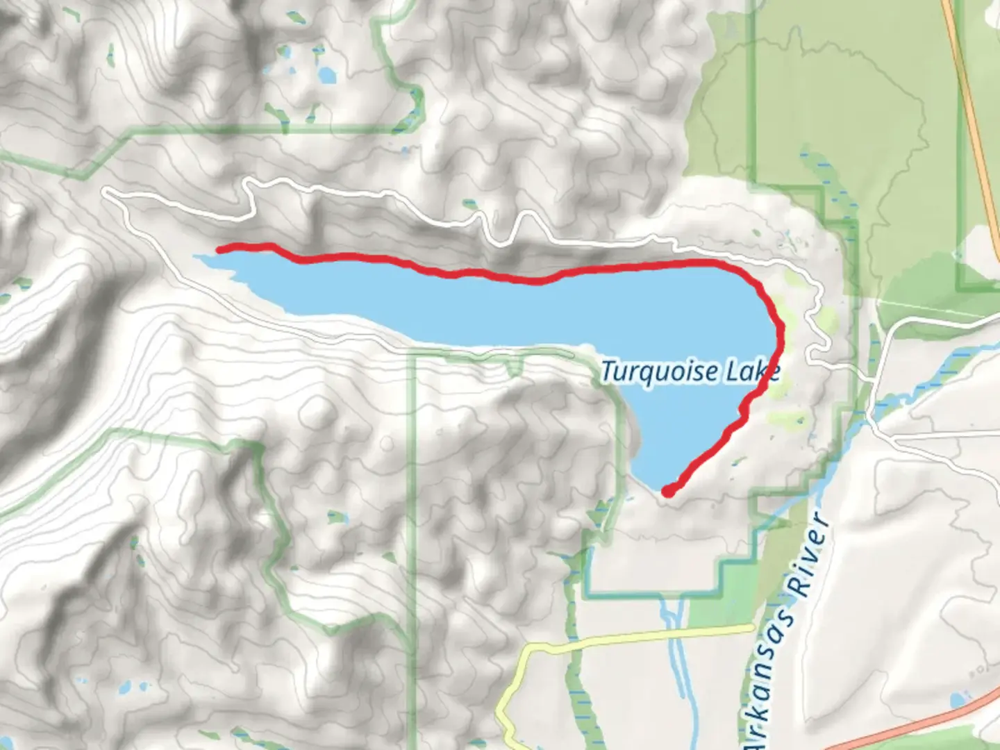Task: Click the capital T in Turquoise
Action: click(x=608, y=371)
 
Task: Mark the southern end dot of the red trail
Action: click(x=667, y=492)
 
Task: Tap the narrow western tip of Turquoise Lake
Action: click(x=199, y=258)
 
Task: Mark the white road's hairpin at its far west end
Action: click(x=106, y=192)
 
